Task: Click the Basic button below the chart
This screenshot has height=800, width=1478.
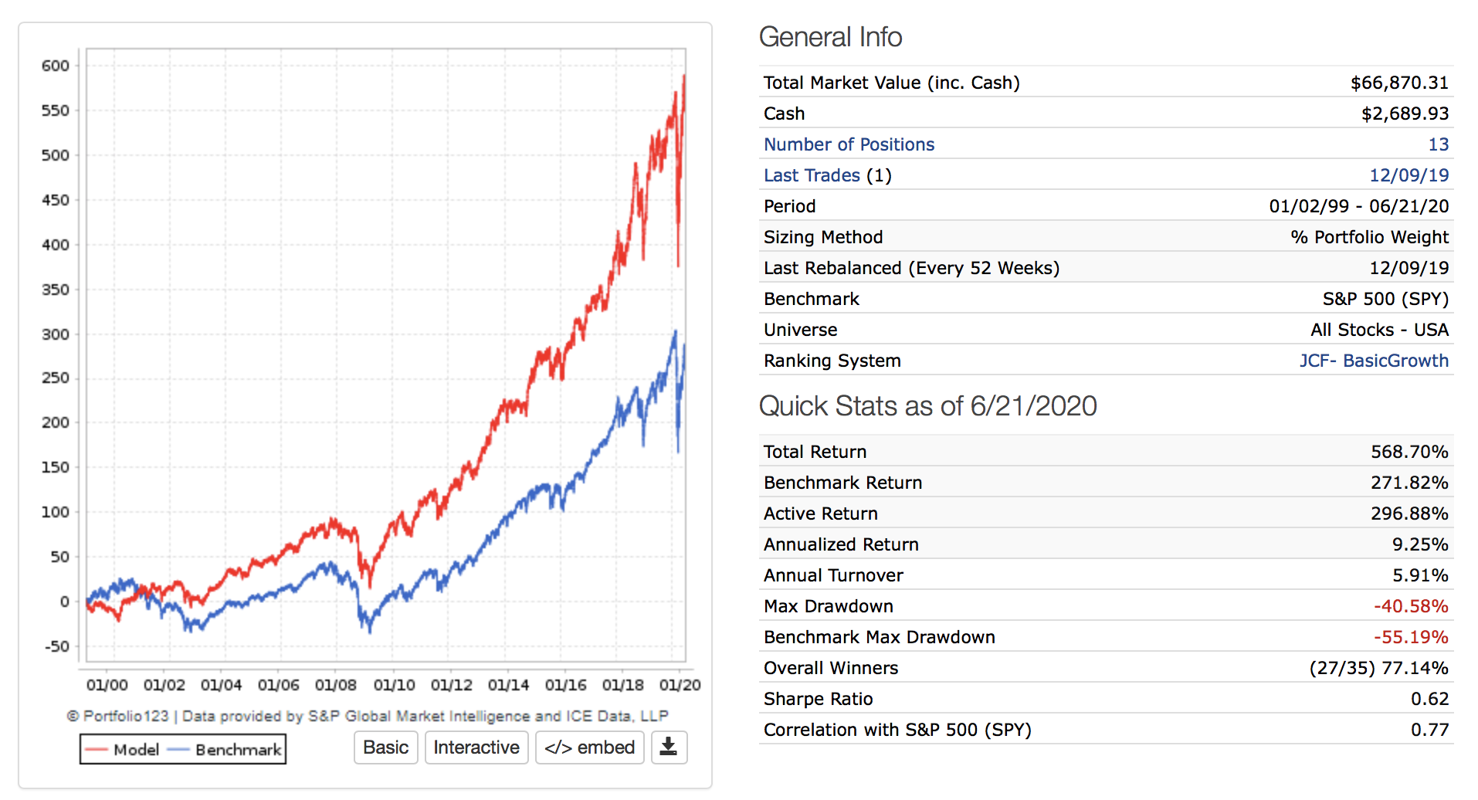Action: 385,747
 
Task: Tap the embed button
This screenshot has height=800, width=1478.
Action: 589,747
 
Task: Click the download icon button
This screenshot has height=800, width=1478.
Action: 669,747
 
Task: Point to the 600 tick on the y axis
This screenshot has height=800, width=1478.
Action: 56,66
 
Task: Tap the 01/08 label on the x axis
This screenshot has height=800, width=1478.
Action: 336,685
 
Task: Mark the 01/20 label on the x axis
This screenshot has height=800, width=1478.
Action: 680,685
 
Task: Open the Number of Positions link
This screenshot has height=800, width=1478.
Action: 849,144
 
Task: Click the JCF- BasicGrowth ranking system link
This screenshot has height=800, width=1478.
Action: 1373,361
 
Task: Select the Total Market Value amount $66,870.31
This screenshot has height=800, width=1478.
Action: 1398,83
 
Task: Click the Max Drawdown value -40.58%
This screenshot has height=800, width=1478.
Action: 1410,606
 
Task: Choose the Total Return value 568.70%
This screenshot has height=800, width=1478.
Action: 1409,452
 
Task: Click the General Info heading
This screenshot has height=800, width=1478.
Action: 830,37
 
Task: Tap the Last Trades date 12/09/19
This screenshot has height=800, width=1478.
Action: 1409,175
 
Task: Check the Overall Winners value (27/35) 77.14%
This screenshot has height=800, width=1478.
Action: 1378,668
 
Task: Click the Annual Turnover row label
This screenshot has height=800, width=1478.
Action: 833,575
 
